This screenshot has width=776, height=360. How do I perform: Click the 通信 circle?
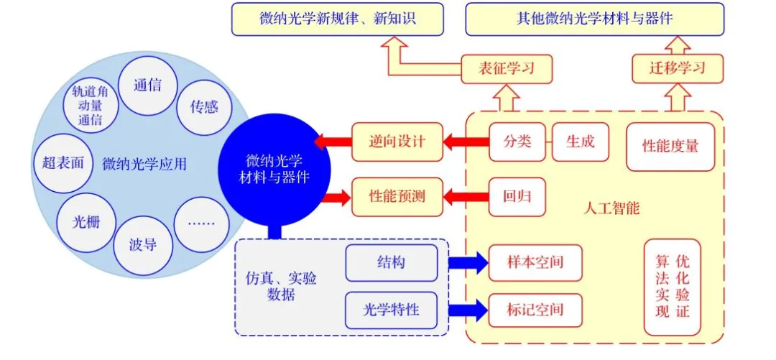(147, 86)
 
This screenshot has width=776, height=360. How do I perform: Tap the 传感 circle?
(204, 107)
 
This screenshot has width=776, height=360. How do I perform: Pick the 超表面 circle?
(63, 162)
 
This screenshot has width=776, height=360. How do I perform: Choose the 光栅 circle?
(86, 222)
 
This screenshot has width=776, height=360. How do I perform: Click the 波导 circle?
(143, 245)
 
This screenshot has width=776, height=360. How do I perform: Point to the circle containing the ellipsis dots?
(201, 223)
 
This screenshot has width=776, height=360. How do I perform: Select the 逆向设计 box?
(397, 142)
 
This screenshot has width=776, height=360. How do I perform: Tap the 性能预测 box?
(397, 195)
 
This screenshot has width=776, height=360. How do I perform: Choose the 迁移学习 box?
(678, 69)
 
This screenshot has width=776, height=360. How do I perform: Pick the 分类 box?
(518, 142)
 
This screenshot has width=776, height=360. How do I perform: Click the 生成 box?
(581, 142)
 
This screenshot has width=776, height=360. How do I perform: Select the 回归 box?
(517, 195)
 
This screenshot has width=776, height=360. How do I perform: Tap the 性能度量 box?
(670, 146)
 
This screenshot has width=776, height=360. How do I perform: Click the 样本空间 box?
(535, 262)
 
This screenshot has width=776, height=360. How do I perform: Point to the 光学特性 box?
(392, 310)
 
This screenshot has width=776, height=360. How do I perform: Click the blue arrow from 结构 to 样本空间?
(467, 262)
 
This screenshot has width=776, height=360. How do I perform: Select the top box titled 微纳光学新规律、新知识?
(337, 19)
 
